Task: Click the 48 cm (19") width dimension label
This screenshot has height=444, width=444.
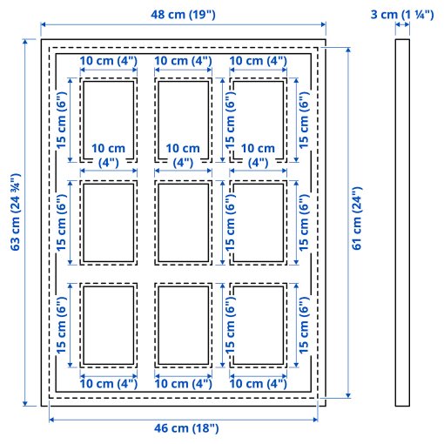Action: (x=183, y=15)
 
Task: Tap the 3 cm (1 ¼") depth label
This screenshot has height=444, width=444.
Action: (x=402, y=15)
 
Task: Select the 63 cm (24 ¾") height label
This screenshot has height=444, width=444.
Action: (x=15, y=222)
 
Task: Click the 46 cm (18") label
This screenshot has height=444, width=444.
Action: (x=183, y=428)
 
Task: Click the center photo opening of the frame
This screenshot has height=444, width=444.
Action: (x=185, y=221)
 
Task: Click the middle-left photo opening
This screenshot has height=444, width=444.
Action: (x=109, y=221)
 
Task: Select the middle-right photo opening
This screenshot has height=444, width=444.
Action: (x=259, y=221)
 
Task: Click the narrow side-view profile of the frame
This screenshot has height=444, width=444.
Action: (x=402, y=222)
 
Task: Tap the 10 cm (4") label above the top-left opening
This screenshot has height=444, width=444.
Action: (x=109, y=61)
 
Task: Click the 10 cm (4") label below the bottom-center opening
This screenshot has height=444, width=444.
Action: (x=184, y=383)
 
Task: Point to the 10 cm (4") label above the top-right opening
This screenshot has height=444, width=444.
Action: (x=259, y=61)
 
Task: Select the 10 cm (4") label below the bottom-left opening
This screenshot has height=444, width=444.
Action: (x=109, y=383)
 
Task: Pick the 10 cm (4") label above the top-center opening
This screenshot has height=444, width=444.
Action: (x=184, y=61)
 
